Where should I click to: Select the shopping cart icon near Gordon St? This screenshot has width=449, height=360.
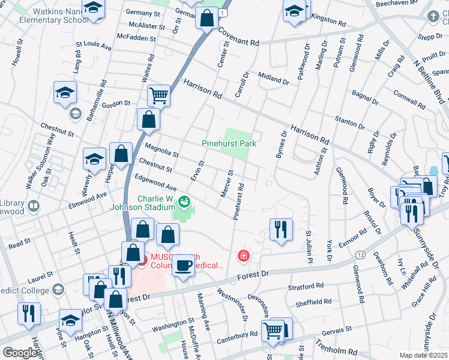click(158, 95)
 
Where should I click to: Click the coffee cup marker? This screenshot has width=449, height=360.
click(183, 265)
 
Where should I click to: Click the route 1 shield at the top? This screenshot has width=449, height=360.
click(223, 12)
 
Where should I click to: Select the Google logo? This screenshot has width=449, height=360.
click(20, 353)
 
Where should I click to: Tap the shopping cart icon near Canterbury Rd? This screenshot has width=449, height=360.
click(273, 330)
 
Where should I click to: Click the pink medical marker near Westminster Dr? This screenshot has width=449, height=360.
click(243, 256)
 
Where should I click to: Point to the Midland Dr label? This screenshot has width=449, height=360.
click(274, 77)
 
